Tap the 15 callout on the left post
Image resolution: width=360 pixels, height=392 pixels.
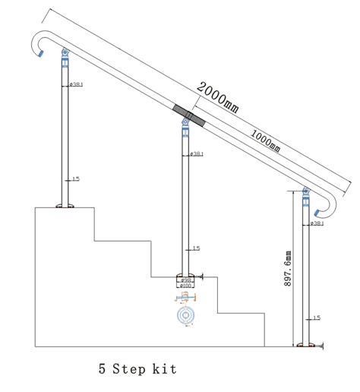pos(74,180)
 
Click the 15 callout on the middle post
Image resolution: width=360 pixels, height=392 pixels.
pos(195,248)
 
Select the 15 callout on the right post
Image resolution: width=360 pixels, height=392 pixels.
pos(317,318)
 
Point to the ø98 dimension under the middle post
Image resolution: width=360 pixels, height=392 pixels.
pos(186,280)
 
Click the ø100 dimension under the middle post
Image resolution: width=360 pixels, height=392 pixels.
pos(186,286)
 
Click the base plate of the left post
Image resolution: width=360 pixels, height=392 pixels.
pos(64,205)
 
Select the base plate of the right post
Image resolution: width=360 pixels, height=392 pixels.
pos(307,346)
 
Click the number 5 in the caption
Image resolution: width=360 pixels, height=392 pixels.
pos(102,370)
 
